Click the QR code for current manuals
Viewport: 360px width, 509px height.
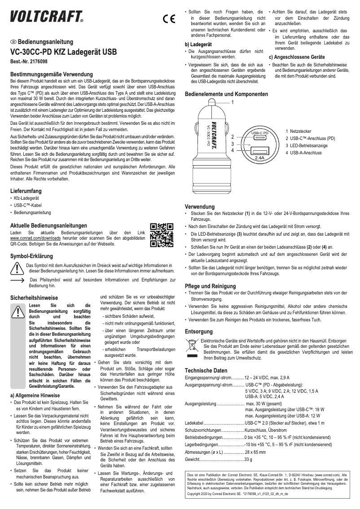tap(162, 235)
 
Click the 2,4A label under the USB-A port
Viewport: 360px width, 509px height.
tap(259, 158)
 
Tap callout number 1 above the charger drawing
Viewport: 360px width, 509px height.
tap(233, 103)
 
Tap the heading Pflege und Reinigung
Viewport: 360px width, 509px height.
tap(211, 286)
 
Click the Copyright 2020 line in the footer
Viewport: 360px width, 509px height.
tap(233, 493)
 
